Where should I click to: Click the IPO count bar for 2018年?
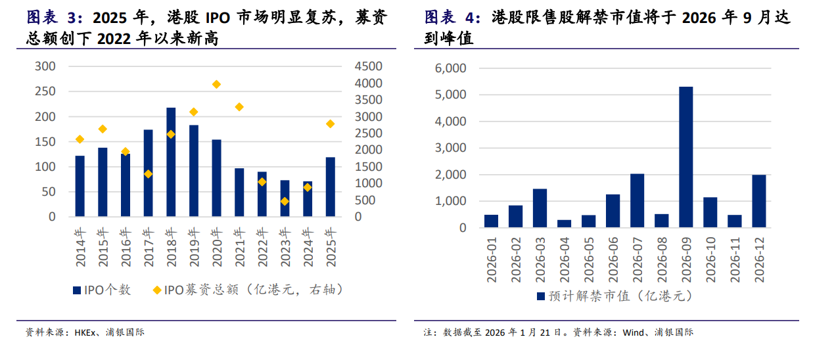171,162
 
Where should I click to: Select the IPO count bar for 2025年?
330,187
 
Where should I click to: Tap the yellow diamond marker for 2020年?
216,84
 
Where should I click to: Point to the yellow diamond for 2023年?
285,201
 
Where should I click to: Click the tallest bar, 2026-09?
685,158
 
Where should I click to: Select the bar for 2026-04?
564,224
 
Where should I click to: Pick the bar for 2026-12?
758,201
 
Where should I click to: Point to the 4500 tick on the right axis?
368,66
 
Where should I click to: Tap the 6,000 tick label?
451,68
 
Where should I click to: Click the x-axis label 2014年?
80,248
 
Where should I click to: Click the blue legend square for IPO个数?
76,290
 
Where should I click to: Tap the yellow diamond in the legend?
156,290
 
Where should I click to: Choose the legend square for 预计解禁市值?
541,296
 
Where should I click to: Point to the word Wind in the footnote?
634,332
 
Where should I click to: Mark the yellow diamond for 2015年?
103,129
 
